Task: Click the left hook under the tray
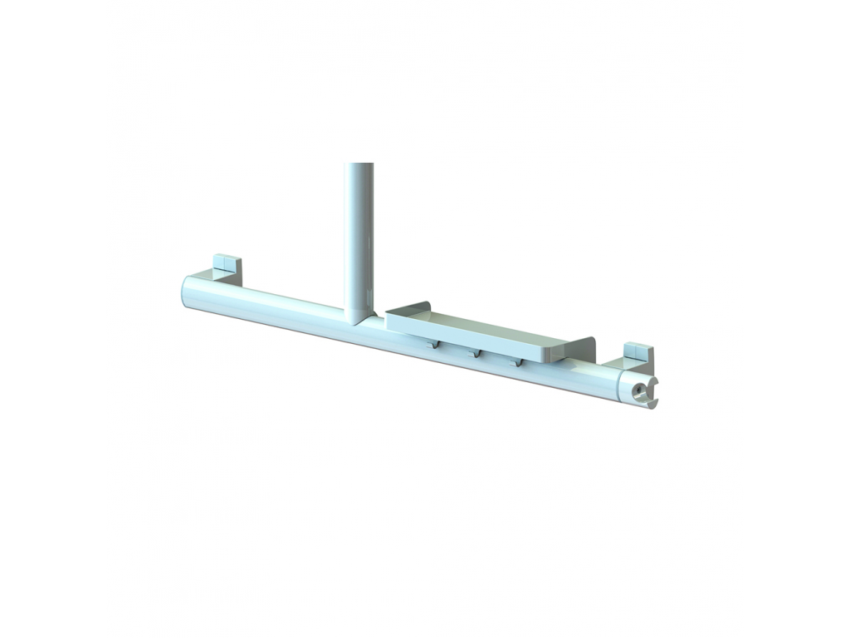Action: [434, 345]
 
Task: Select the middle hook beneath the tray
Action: [476, 353]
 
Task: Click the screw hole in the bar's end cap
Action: [637, 389]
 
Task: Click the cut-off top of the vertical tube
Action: [359, 165]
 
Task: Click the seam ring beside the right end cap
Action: [623, 385]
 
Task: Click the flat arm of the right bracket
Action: [619, 363]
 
